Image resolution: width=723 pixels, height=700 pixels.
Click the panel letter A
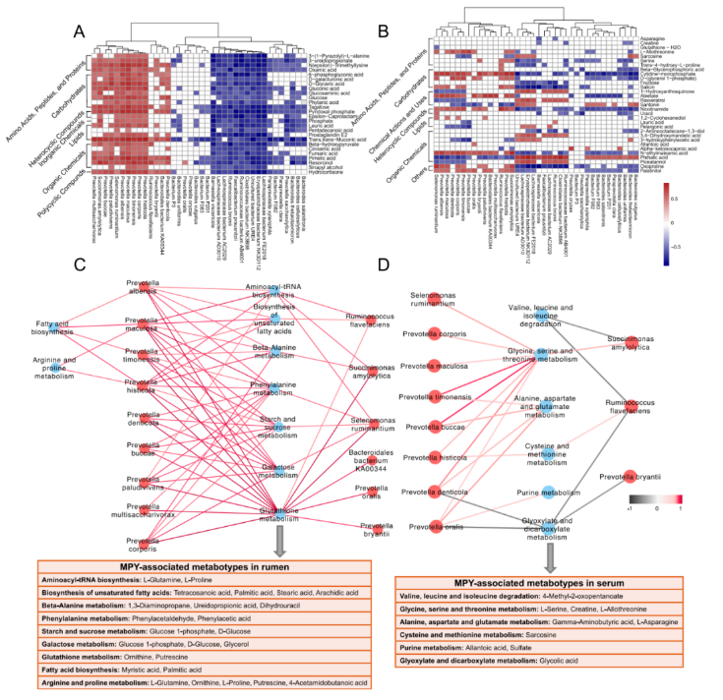click(82, 30)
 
